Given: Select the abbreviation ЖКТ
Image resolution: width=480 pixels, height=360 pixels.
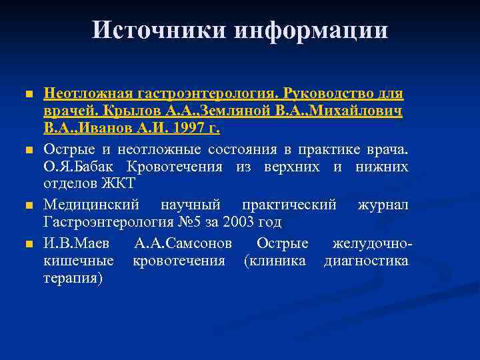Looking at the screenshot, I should pyautogui.click(x=121, y=183).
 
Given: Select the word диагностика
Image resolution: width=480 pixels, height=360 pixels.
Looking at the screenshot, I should pyautogui.click(x=365, y=260).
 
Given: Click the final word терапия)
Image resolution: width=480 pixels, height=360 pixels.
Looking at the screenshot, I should pyautogui.click(x=73, y=277).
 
